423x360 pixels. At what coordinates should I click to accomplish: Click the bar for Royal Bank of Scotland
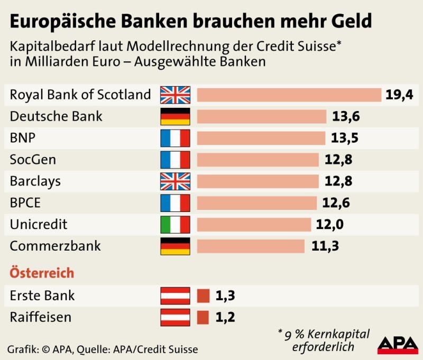pyautogui.click(x=289, y=95)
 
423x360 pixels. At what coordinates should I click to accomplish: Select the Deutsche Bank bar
pyautogui.click(x=261, y=116)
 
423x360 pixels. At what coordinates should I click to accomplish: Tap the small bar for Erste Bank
pyautogui.click(x=203, y=296)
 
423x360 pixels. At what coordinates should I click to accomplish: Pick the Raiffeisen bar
pyautogui.click(x=203, y=317)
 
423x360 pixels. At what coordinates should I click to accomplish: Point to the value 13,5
pyautogui.click(x=345, y=138)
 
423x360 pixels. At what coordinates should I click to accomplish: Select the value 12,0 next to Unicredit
pyautogui.click(x=330, y=224)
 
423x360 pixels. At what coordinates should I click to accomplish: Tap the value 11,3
pyautogui.click(x=324, y=246)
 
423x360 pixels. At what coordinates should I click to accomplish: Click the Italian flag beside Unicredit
pyautogui.click(x=175, y=224)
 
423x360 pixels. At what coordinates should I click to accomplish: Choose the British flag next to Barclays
pyautogui.click(x=175, y=181)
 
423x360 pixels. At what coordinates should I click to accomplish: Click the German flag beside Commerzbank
pyautogui.click(x=175, y=246)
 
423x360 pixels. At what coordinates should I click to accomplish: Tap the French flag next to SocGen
pyautogui.click(x=175, y=160)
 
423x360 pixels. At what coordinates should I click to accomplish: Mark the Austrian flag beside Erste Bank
pyautogui.click(x=175, y=296)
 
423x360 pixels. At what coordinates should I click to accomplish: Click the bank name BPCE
pyautogui.click(x=25, y=202)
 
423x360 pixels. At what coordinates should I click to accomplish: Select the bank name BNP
pyautogui.click(x=22, y=138)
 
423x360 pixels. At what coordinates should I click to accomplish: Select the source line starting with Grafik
pyautogui.click(x=103, y=349)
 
